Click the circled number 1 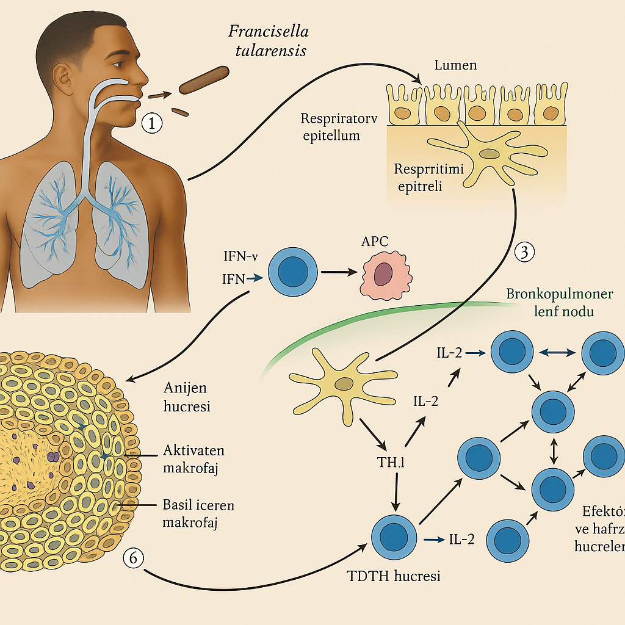coord(152,123)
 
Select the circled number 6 coord(134,557)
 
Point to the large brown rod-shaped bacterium coord(203,82)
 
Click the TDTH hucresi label coord(394,576)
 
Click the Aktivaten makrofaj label coord(194,459)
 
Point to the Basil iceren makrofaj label coord(199,514)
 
